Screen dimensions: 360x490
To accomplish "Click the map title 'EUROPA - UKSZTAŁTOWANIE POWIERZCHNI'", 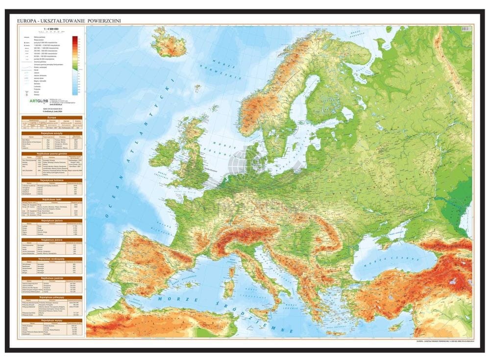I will tap(69, 21).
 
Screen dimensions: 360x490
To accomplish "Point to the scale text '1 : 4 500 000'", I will tap(50, 30).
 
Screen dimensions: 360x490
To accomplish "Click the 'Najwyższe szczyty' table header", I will tap(50, 133).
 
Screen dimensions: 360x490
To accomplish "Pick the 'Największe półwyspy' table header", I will tap(50, 297).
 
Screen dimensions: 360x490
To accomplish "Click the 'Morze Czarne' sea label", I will tap(392, 258).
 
